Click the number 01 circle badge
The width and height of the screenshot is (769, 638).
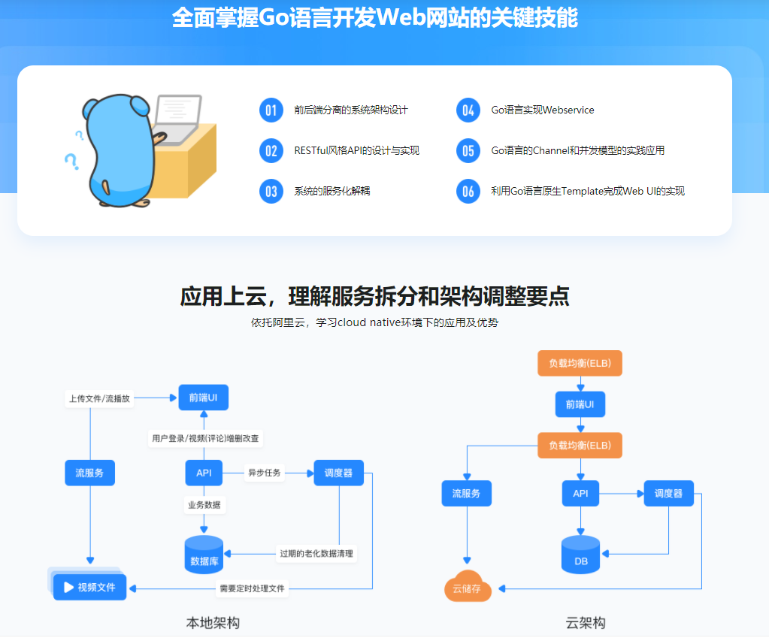(x=271, y=110)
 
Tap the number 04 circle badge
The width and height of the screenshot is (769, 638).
(x=468, y=110)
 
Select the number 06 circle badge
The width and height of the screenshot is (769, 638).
(x=468, y=191)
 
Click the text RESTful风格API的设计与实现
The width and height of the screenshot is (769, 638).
(x=356, y=150)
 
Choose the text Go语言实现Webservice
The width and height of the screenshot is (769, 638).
(x=542, y=110)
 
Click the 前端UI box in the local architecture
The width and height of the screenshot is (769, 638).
(x=203, y=398)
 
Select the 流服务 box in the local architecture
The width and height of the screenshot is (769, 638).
(x=89, y=473)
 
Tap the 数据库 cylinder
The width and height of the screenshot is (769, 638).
(x=204, y=555)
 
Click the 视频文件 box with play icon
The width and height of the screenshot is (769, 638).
(x=89, y=587)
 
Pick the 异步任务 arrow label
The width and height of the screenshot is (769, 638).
(x=264, y=473)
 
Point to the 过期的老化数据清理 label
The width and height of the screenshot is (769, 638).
(x=316, y=554)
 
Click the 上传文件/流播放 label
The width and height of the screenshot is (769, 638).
(x=100, y=398)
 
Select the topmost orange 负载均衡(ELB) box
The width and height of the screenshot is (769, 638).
(x=580, y=364)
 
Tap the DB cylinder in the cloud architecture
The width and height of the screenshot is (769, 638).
(x=580, y=555)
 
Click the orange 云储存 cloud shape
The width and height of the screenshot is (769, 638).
(x=467, y=588)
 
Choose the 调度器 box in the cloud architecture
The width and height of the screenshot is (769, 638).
(x=668, y=493)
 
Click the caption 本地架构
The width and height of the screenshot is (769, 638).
(x=213, y=622)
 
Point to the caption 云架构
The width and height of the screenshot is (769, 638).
(x=585, y=622)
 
